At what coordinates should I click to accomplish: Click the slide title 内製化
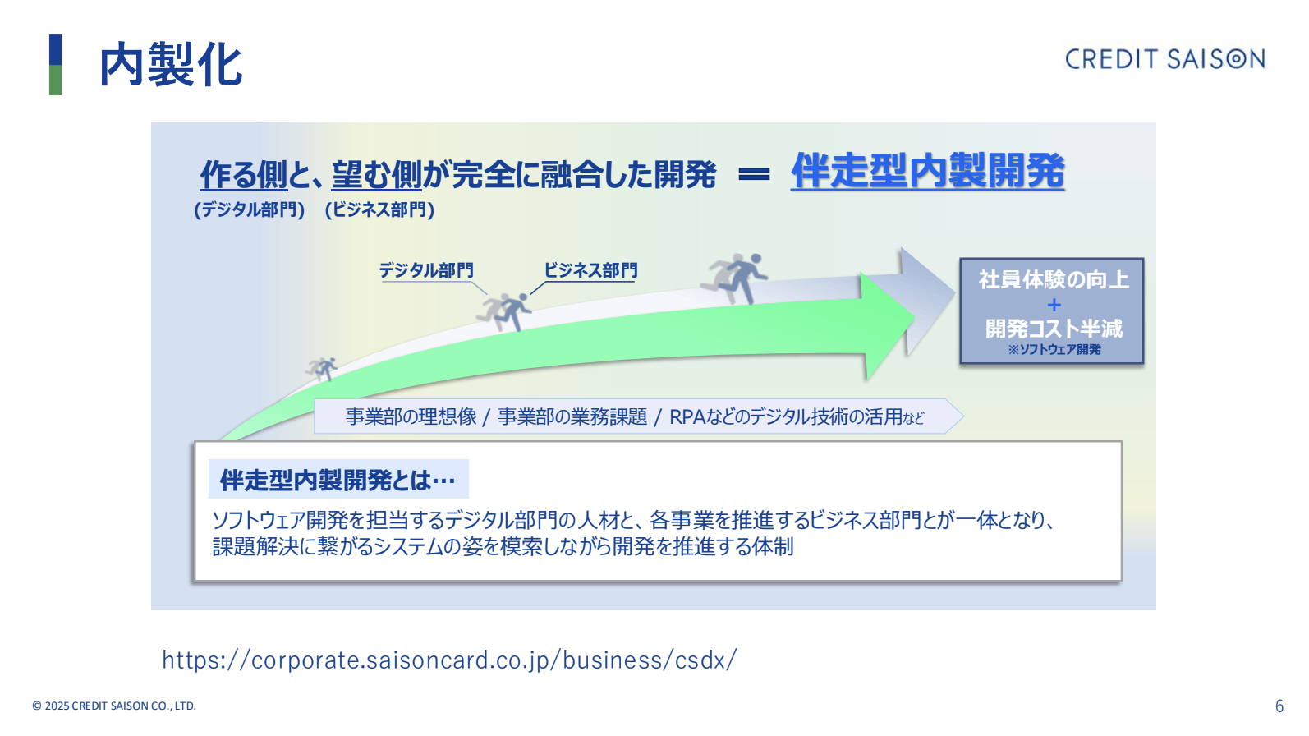[x=171, y=64]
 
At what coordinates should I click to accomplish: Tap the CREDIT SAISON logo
[x=1165, y=59]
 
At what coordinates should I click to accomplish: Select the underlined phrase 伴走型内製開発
[x=927, y=171]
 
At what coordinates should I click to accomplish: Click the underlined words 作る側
[x=244, y=174]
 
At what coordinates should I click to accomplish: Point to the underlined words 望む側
[x=376, y=174]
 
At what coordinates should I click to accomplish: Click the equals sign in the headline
[x=754, y=173]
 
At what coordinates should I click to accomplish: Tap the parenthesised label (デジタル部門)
[x=250, y=209]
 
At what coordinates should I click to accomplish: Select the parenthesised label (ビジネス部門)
[x=380, y=209]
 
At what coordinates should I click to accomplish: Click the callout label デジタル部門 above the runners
[x=426, y=270]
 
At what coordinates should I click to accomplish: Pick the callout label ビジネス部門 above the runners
[x=590, y=270]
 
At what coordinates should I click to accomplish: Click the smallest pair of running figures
[x=321, y=369]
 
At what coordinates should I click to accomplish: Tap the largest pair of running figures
[x=734, y=278]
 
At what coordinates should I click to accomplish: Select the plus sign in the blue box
[x=1054, y=305]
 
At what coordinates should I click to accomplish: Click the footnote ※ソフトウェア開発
[x=1054, y=350]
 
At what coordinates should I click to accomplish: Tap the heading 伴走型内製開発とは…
[x=338, y=480]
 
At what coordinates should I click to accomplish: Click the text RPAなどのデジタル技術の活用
[x=785, y=416]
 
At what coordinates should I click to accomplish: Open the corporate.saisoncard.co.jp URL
[x=449, y=660]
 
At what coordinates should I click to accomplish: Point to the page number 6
[x=1279, y=706]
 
